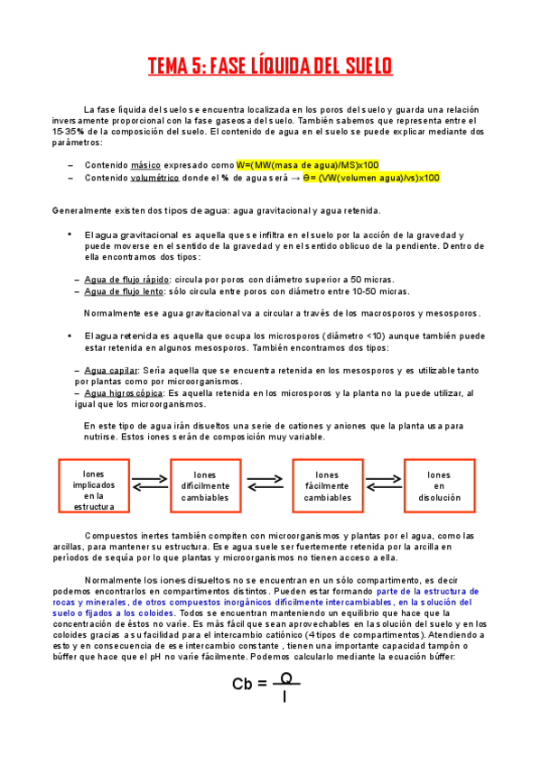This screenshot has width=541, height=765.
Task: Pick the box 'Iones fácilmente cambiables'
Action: [327, 486]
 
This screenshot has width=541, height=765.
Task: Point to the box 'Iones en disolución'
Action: [439, 486]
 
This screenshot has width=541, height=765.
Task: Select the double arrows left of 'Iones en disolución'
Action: [383, 484]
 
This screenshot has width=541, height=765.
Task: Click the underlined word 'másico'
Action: [145, 166]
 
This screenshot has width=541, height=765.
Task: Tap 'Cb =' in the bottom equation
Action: [249, 684]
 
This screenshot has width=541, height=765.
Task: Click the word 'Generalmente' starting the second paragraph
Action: [88, 211]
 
